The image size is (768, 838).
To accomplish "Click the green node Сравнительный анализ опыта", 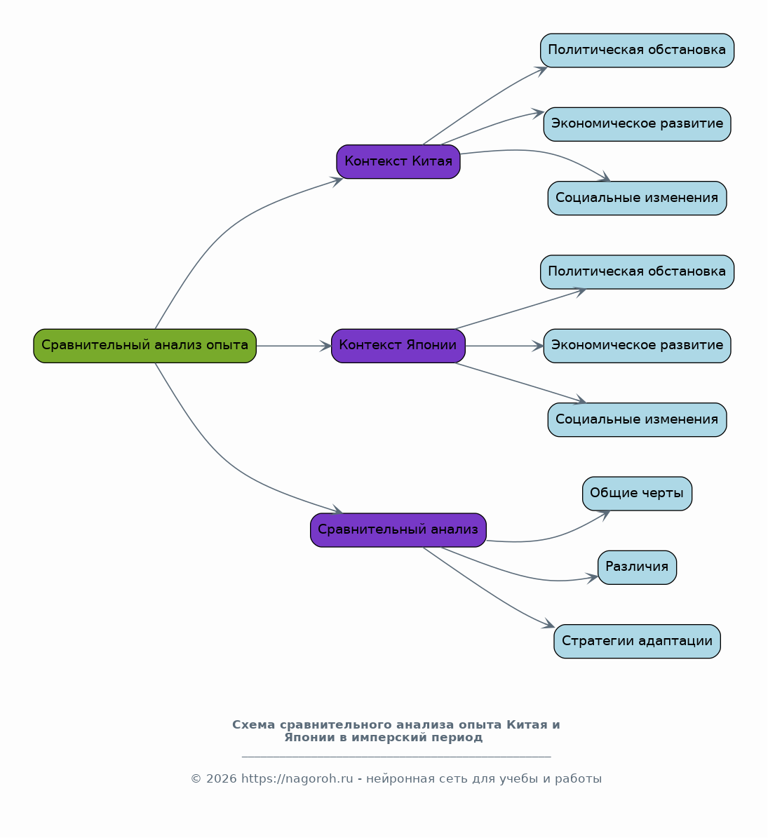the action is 145,346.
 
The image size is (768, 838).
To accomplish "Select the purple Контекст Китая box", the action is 398,161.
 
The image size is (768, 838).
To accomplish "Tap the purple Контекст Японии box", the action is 398,346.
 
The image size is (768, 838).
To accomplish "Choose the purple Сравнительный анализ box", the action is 398,530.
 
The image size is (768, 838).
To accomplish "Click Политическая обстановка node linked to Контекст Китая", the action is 637,50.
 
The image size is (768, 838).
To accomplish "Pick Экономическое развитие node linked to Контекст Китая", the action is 637,124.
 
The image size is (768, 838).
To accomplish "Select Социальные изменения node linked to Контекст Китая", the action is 637,198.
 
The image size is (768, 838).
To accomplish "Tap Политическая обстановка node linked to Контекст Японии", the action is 637,272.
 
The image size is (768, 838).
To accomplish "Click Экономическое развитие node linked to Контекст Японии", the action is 637,346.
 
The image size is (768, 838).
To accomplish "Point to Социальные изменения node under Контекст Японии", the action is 637,419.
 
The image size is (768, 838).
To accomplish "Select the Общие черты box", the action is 637,493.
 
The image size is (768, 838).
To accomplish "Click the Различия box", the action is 637,567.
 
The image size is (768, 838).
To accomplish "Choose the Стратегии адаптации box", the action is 637,641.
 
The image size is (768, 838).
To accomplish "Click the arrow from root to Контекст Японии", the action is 294,346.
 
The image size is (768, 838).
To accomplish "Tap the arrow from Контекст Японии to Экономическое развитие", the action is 504,346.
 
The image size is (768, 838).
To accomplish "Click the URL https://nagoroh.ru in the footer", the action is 297,778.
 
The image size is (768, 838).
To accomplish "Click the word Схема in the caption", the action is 254,724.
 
